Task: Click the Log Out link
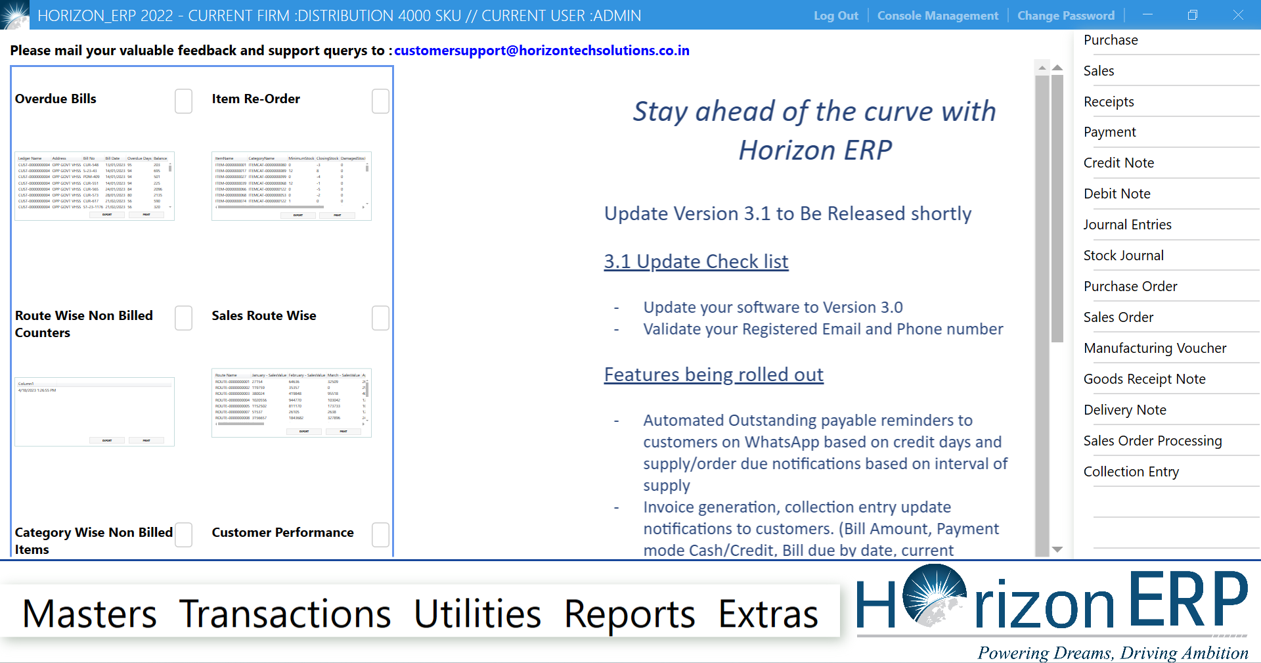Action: coord(835,16)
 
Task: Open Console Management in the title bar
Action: coord(937,16)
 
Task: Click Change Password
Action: coord(1065,16)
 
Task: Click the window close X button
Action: coord(1237,15)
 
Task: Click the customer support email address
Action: coord(541,51)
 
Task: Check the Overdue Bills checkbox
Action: coord(184,101)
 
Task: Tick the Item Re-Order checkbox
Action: coord(380,101)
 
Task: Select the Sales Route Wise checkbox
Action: coord(380,318)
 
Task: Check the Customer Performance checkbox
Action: coord(380,534)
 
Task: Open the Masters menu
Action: coord(89,614)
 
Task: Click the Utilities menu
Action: coord(477,614)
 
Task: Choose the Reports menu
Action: coord(629,614)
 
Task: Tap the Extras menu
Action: coord(768,614)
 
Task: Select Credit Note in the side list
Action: coord(1118,163)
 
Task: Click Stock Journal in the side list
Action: coord(1123,256)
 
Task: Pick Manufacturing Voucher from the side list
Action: coord(1155,348)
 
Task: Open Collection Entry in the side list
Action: coord(1131,472)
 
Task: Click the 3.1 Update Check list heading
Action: coord(696,262)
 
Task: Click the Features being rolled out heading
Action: coord(713,375)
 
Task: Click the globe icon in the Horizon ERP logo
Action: coord(934,595)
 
